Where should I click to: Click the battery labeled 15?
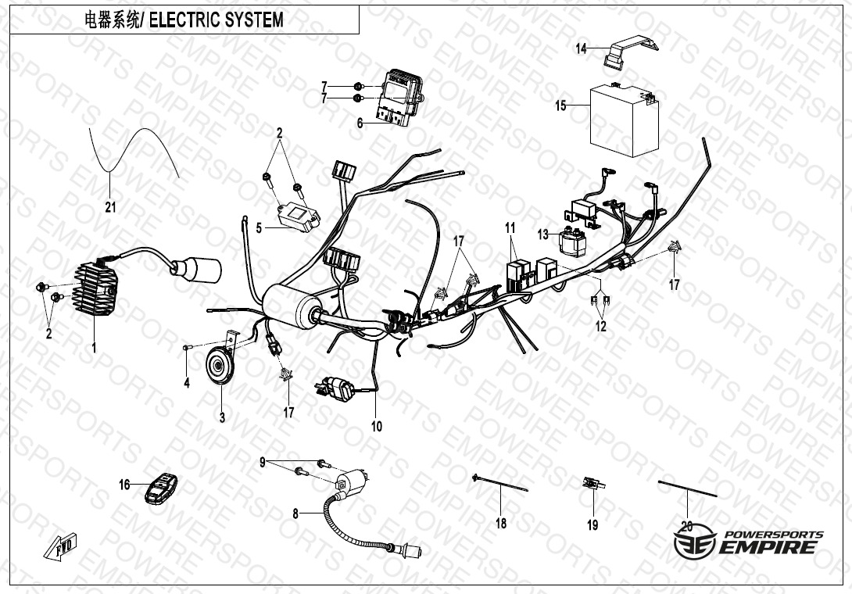tap(623, 121)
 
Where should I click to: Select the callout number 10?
tap(377, 426)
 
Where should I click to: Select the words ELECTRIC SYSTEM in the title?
tap(217, 20)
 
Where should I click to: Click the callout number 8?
tap(295, 513)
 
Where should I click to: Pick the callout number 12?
tap(600, 327)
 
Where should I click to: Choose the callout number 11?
tap(510, 227)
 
